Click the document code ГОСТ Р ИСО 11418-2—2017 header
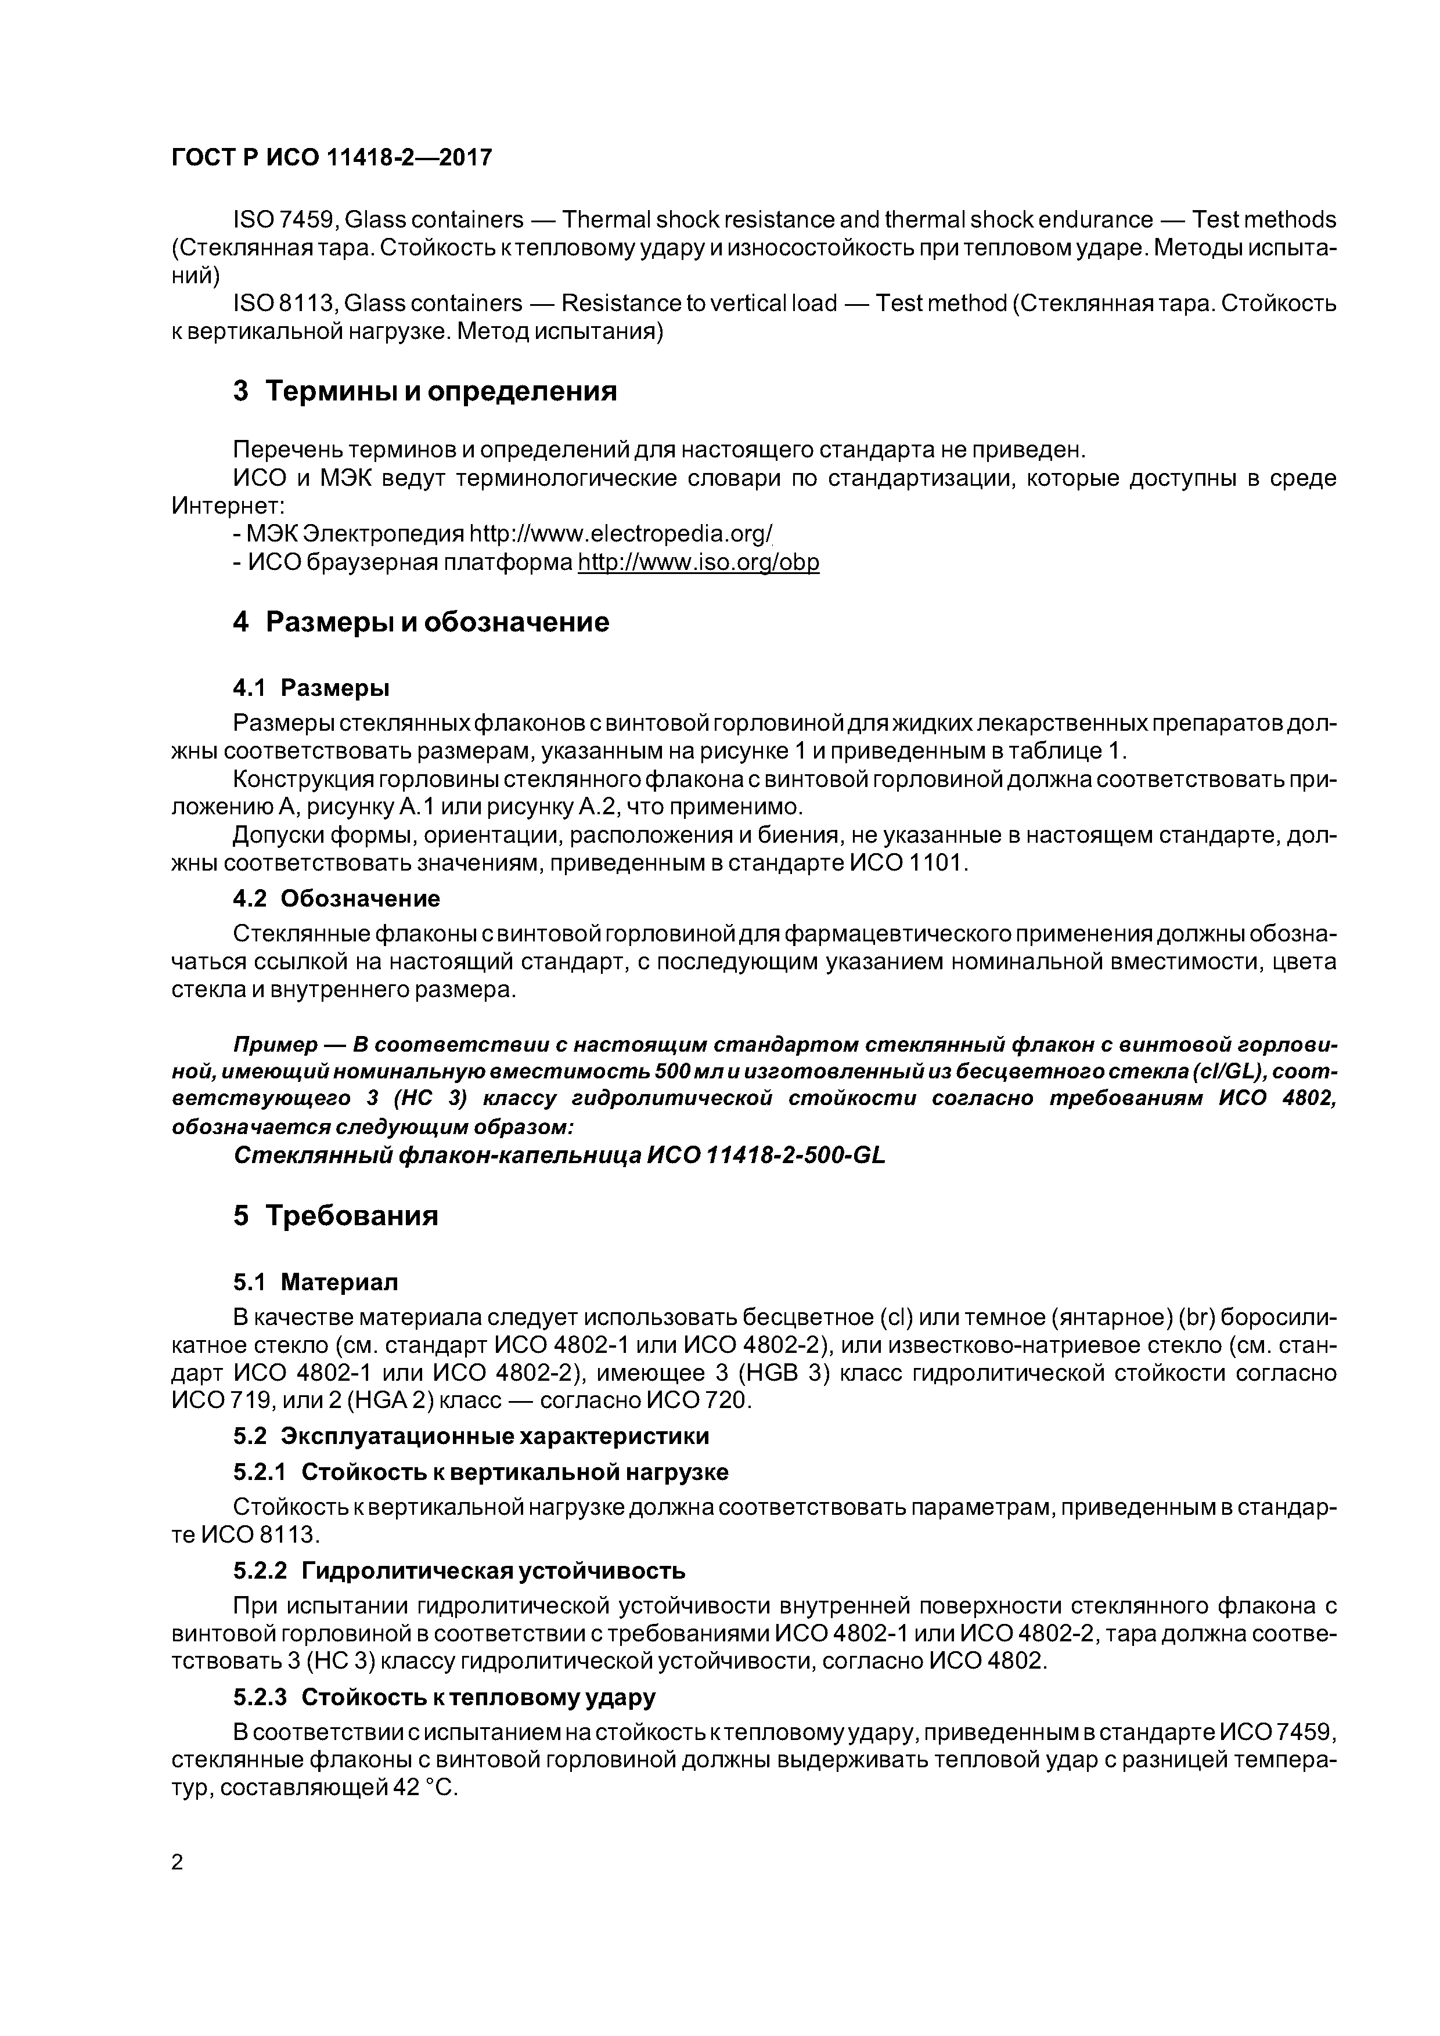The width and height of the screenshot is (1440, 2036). click(331, 158)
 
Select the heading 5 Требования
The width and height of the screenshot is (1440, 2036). click(336, 1215)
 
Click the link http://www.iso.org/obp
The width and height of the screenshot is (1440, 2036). click(699, 562)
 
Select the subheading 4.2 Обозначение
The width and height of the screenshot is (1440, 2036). click(336, 898)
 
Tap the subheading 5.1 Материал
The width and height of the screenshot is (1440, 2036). click(316, 1281)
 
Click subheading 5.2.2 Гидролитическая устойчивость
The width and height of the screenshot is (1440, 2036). click(459, 1571)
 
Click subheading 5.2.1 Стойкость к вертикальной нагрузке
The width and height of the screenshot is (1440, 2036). click(480, 1472)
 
